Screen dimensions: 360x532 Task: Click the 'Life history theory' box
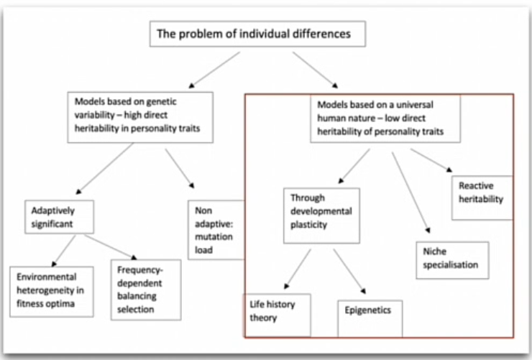coord(278,314)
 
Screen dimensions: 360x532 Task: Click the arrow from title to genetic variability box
coord(212,71)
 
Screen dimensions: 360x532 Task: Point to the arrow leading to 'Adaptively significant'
coord(105,169)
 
